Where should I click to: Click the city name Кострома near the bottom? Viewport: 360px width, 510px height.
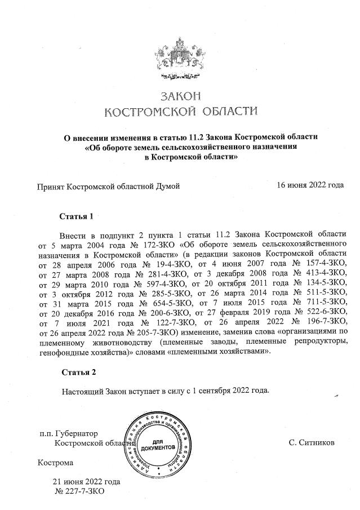55,463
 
